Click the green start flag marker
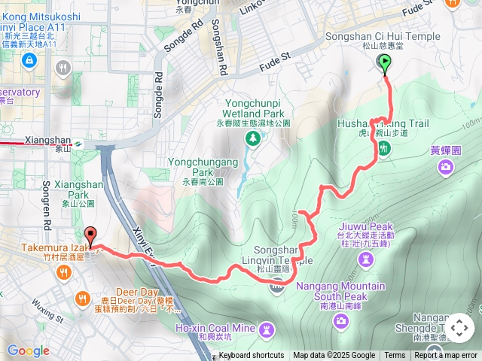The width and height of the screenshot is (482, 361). tap(386, 64)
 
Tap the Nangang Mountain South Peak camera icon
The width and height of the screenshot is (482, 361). tap(342, 321)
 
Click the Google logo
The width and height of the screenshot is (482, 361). tap(28, 350)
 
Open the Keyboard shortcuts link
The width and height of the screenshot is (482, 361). tap(252, 356)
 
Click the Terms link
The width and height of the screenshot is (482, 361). tap(395, 356)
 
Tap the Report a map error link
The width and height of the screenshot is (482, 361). tap(447, 356)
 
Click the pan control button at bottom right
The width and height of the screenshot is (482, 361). tap(459, 329)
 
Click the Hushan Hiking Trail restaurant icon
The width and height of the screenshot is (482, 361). tap(384, 149)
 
